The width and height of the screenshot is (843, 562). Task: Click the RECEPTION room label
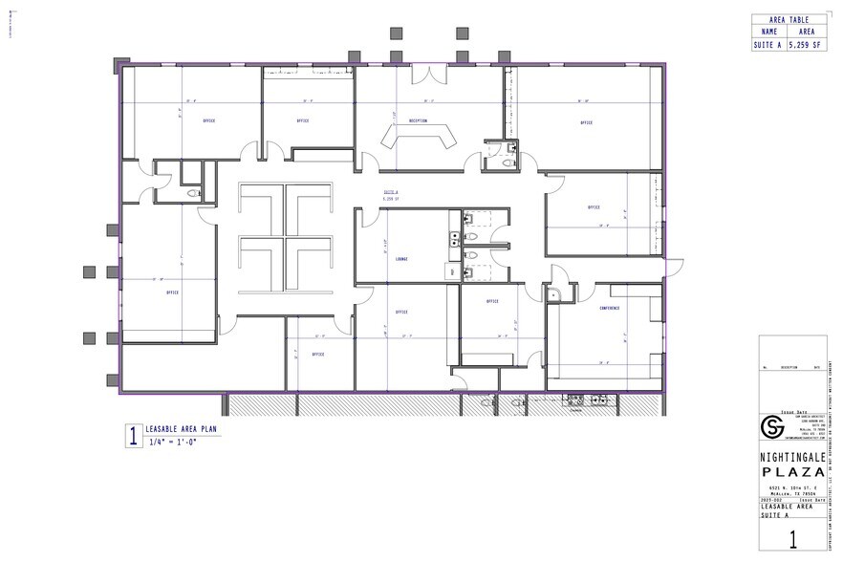[418, 121]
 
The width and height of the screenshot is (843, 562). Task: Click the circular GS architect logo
[770, 424]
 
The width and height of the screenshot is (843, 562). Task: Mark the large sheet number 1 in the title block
[792, 538]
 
